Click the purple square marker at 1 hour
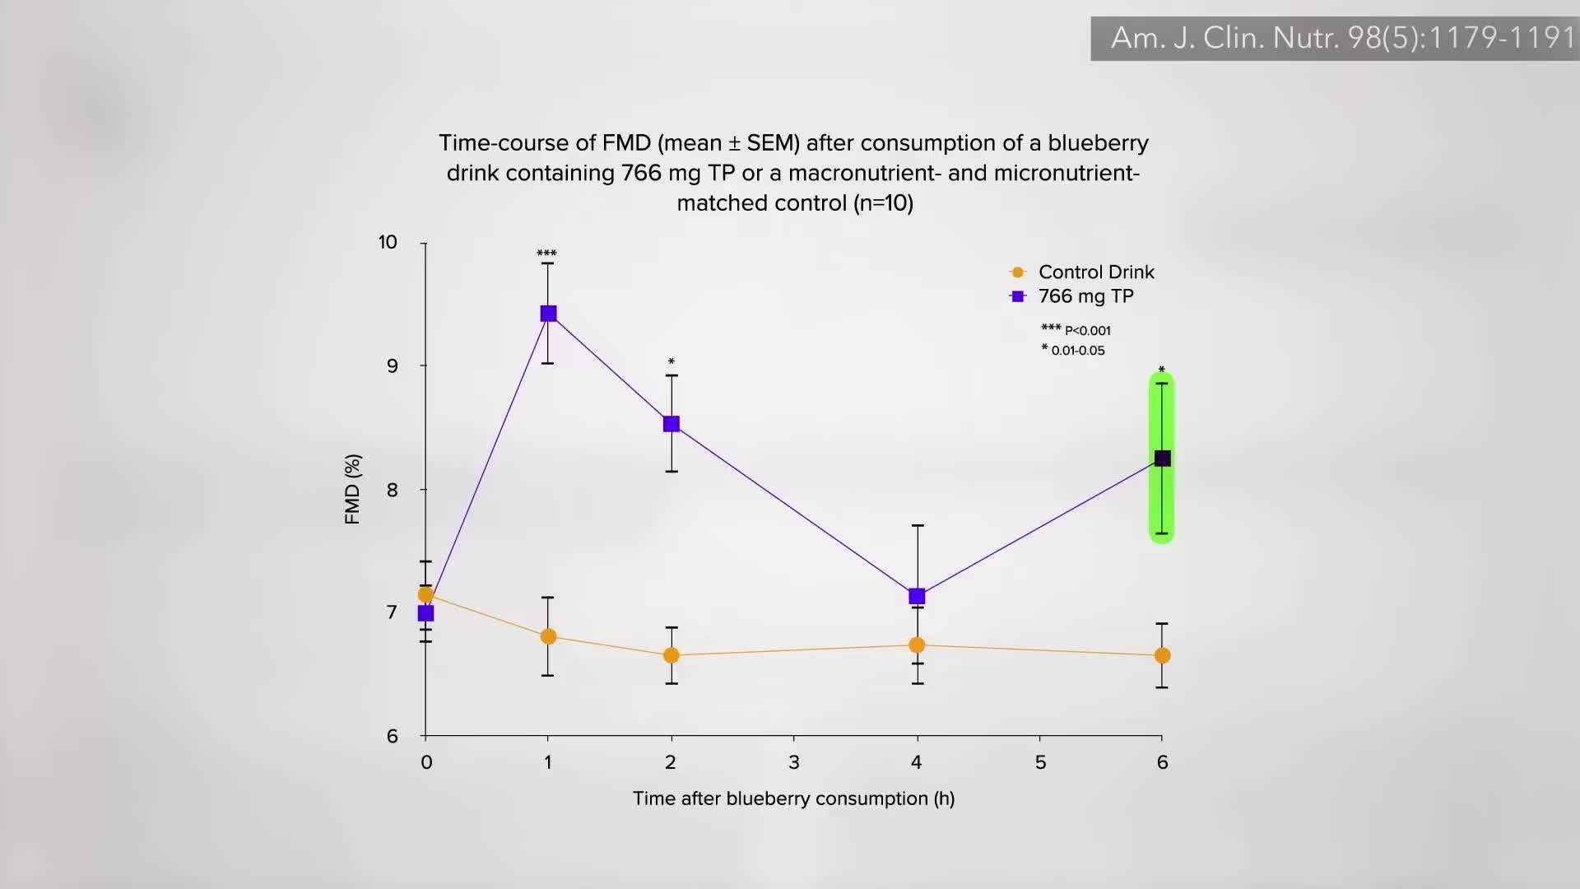click(548, 314)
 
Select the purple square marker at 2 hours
click(671, 424)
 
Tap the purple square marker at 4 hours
click(917, 596)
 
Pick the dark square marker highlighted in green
click(1162, 458)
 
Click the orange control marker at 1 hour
click(548, 636)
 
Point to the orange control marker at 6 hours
click(1162, 655)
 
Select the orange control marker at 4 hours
click(917, 645)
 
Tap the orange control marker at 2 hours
click(671, 655)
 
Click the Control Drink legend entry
click(1095, 272)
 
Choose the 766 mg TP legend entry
click(1085, 296)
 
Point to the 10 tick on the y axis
click(388, 242)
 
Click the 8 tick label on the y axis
click(392, 490)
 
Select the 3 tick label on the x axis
click(794, 762)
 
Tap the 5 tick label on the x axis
click(1040, 762)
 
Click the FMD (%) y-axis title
click(353, 489)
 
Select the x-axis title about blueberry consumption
click(793, 798)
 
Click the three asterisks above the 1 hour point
click(546, 254)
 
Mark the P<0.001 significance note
click(1086, 331)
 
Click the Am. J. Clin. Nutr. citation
click(1341, 38)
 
